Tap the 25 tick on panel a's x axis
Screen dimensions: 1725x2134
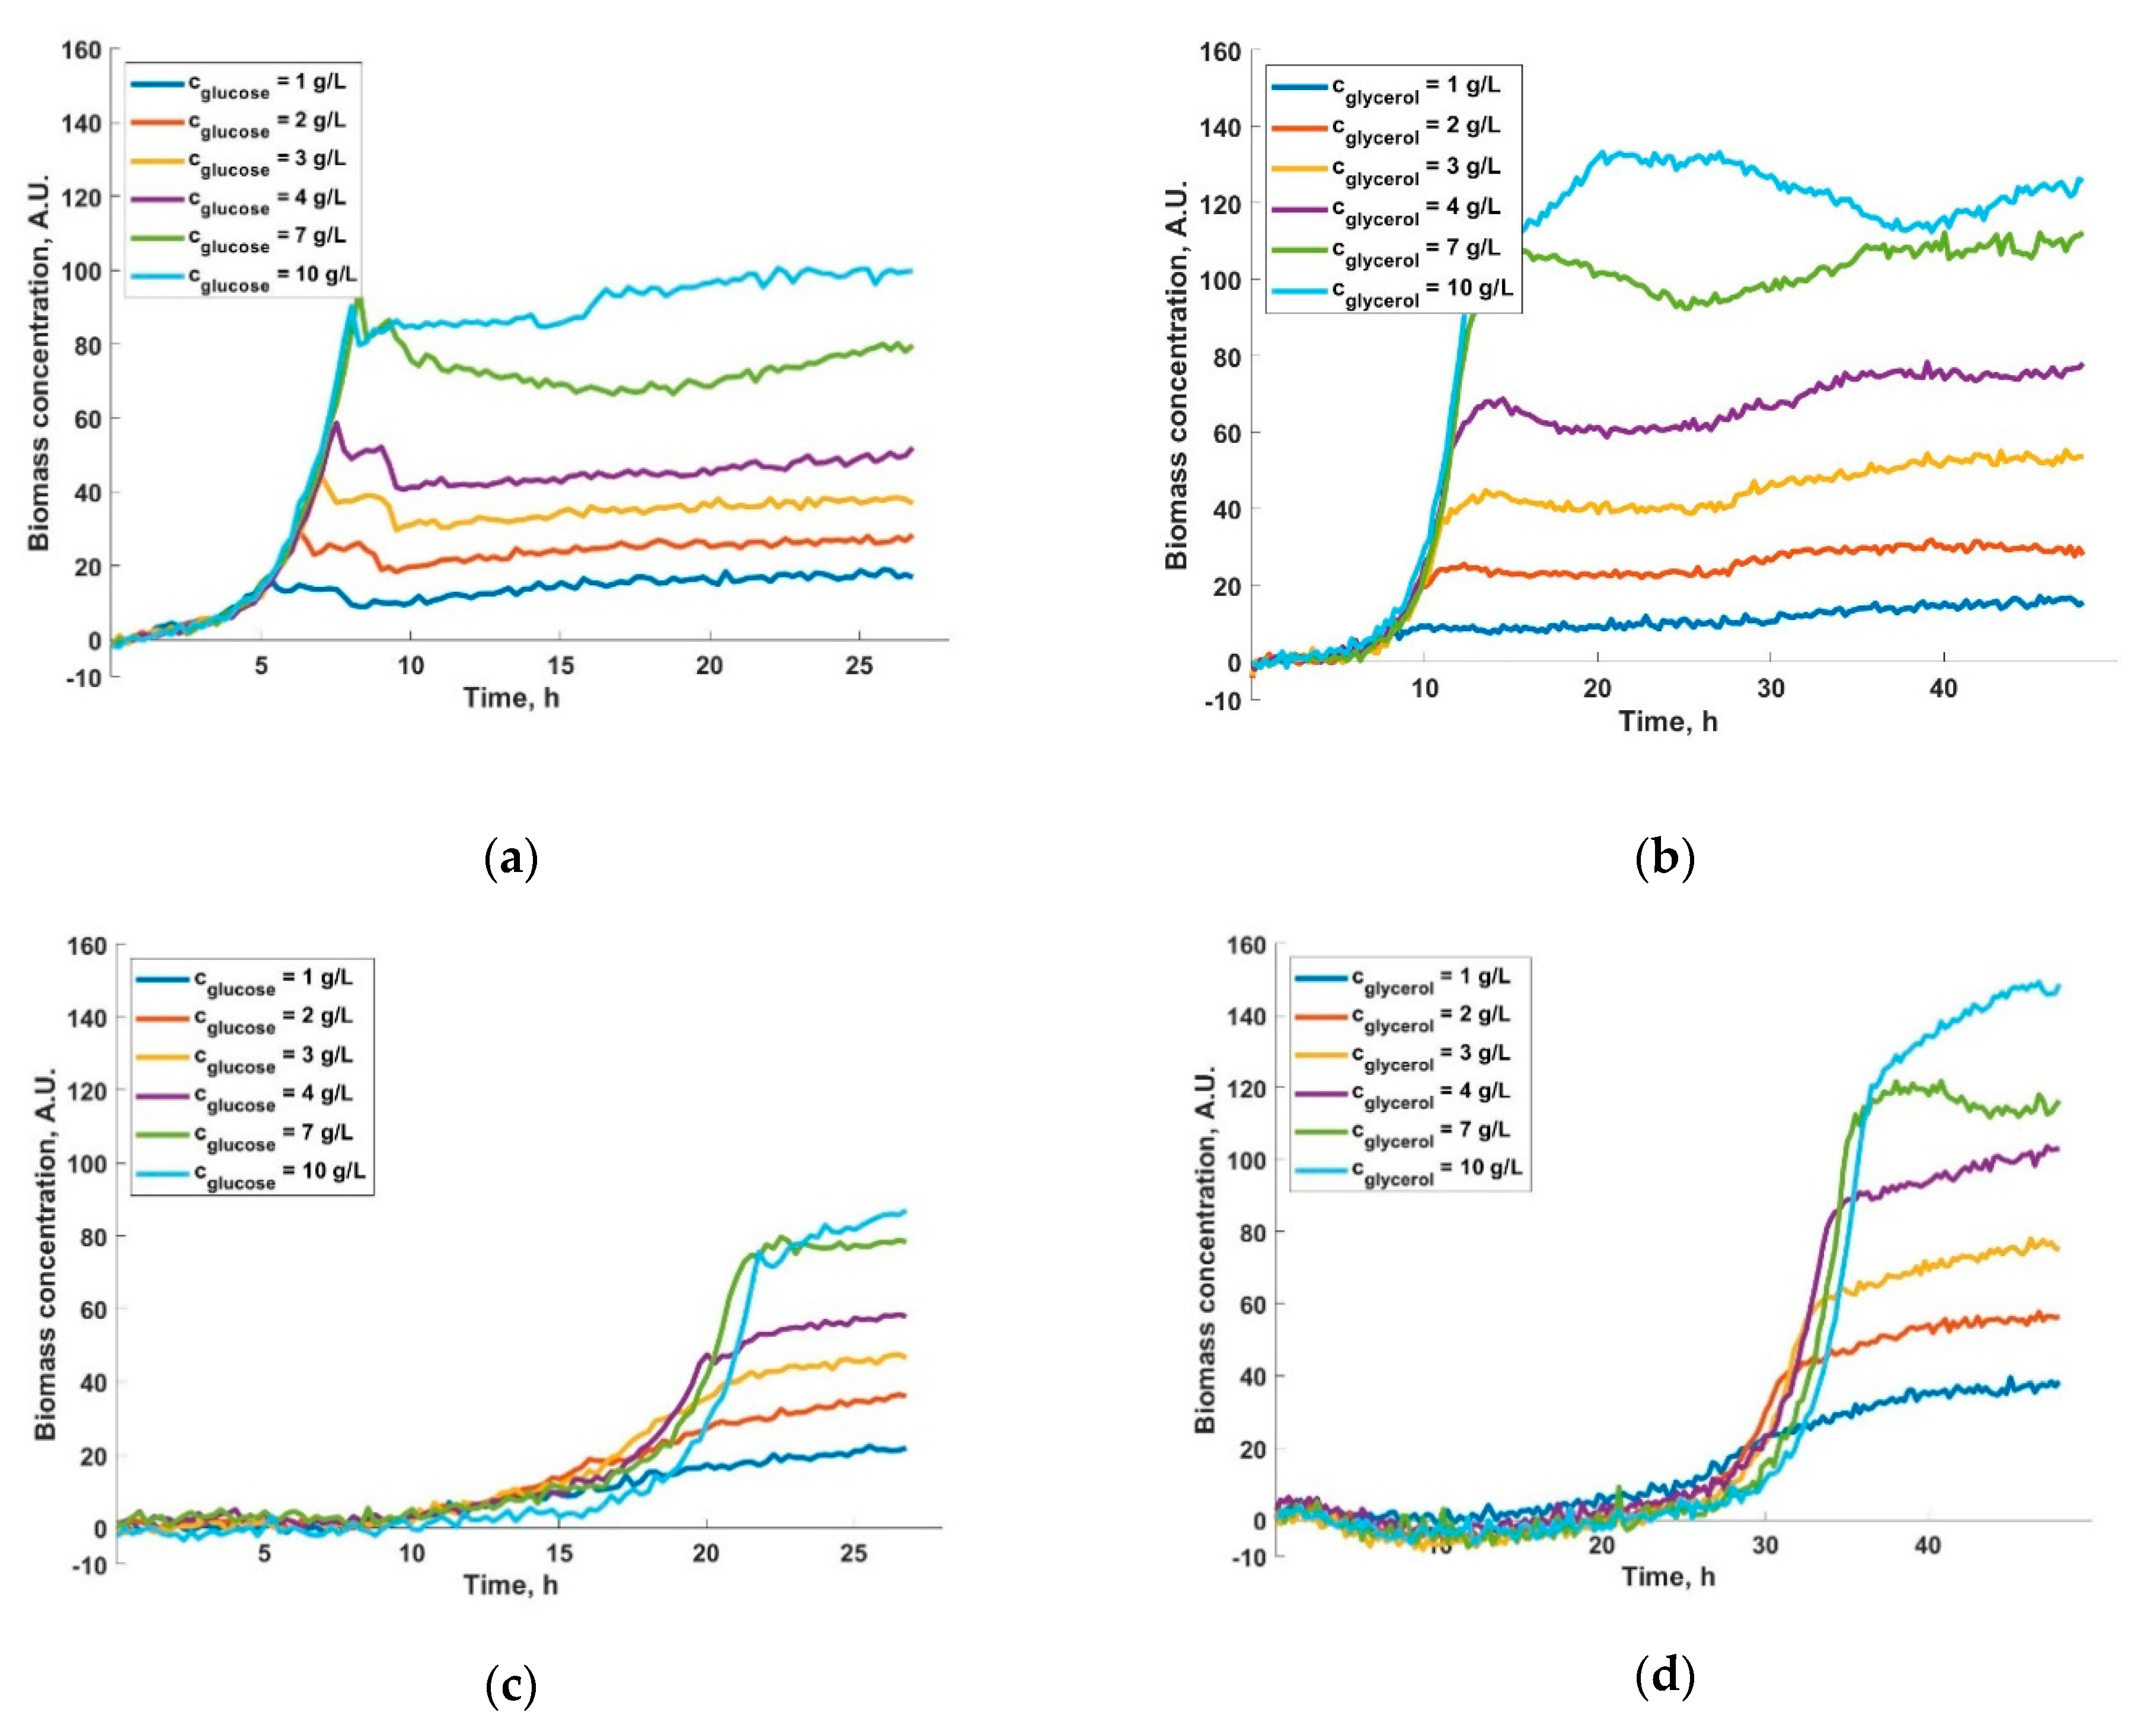point(860,666)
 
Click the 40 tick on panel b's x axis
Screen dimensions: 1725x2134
point(1943,689)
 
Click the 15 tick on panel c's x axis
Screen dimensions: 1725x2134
point(560,1553)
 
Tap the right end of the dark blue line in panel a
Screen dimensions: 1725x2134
point(911,576)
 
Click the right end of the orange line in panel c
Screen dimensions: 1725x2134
point(904,1395)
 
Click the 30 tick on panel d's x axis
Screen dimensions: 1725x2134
point(1765,1546)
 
